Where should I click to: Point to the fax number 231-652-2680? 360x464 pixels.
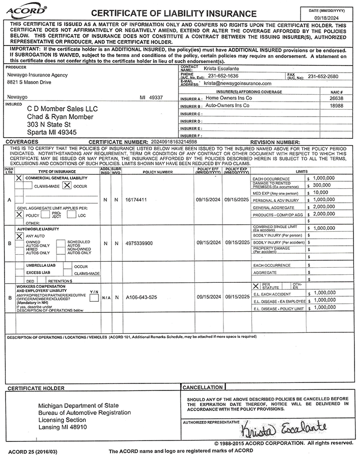323,76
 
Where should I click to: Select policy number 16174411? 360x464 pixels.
137,200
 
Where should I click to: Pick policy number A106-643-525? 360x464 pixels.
141,297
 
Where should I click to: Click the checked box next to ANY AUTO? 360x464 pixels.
19,236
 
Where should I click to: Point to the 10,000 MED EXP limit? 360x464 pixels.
321,192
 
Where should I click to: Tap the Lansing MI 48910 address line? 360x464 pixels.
62,428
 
